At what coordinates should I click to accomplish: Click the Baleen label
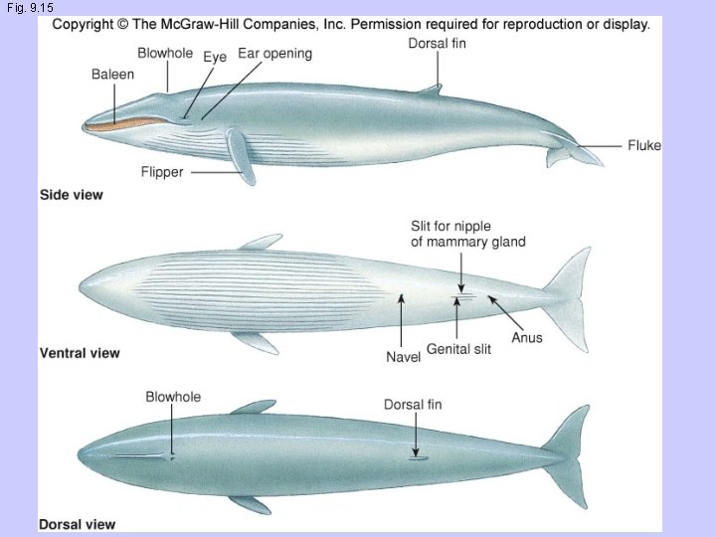click(x=111, y=75)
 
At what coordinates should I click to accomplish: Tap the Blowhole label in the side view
click(x=165, y=53)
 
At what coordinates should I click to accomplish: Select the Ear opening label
click(x=274, y=54)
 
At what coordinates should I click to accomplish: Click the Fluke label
click(x=643, y=145)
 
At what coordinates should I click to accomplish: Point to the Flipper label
click(x=161, y=172)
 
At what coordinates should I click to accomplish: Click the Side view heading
click(x=71, y=195)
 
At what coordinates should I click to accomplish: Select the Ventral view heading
click(x=80, y=352)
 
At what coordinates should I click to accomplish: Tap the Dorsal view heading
click(x=77, y=524)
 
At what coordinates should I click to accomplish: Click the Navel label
click(x=404, y=357)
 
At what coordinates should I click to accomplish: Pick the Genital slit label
click(x=458, y=349)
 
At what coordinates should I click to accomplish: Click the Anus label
click(x=527, y=337)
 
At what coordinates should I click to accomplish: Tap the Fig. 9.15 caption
click(x=29, y=7)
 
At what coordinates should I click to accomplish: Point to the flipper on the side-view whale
click(x=242, y=158)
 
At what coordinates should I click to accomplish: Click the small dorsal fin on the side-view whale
click(x=430, y=89)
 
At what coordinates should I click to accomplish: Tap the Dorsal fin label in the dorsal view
click(x=413, y=405)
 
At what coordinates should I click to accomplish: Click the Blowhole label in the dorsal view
click(x=173, y=397)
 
